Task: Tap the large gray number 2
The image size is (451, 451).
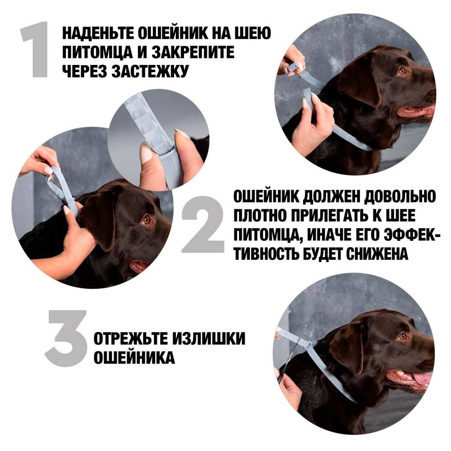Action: click(x=203, y=225)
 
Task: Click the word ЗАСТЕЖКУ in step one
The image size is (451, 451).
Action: click(x=150, y=71)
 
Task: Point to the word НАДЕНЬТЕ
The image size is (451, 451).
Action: click(x=98, y=33)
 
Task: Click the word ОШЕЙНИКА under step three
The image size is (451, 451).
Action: click(x=134, y=357)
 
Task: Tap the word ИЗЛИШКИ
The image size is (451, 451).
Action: click(x=209, y=339)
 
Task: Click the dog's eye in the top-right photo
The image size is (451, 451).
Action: click(x=402, y=70)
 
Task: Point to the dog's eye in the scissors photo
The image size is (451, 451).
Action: click(x=403, y=336)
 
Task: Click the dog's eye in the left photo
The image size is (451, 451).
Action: click(x=147, y=220)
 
